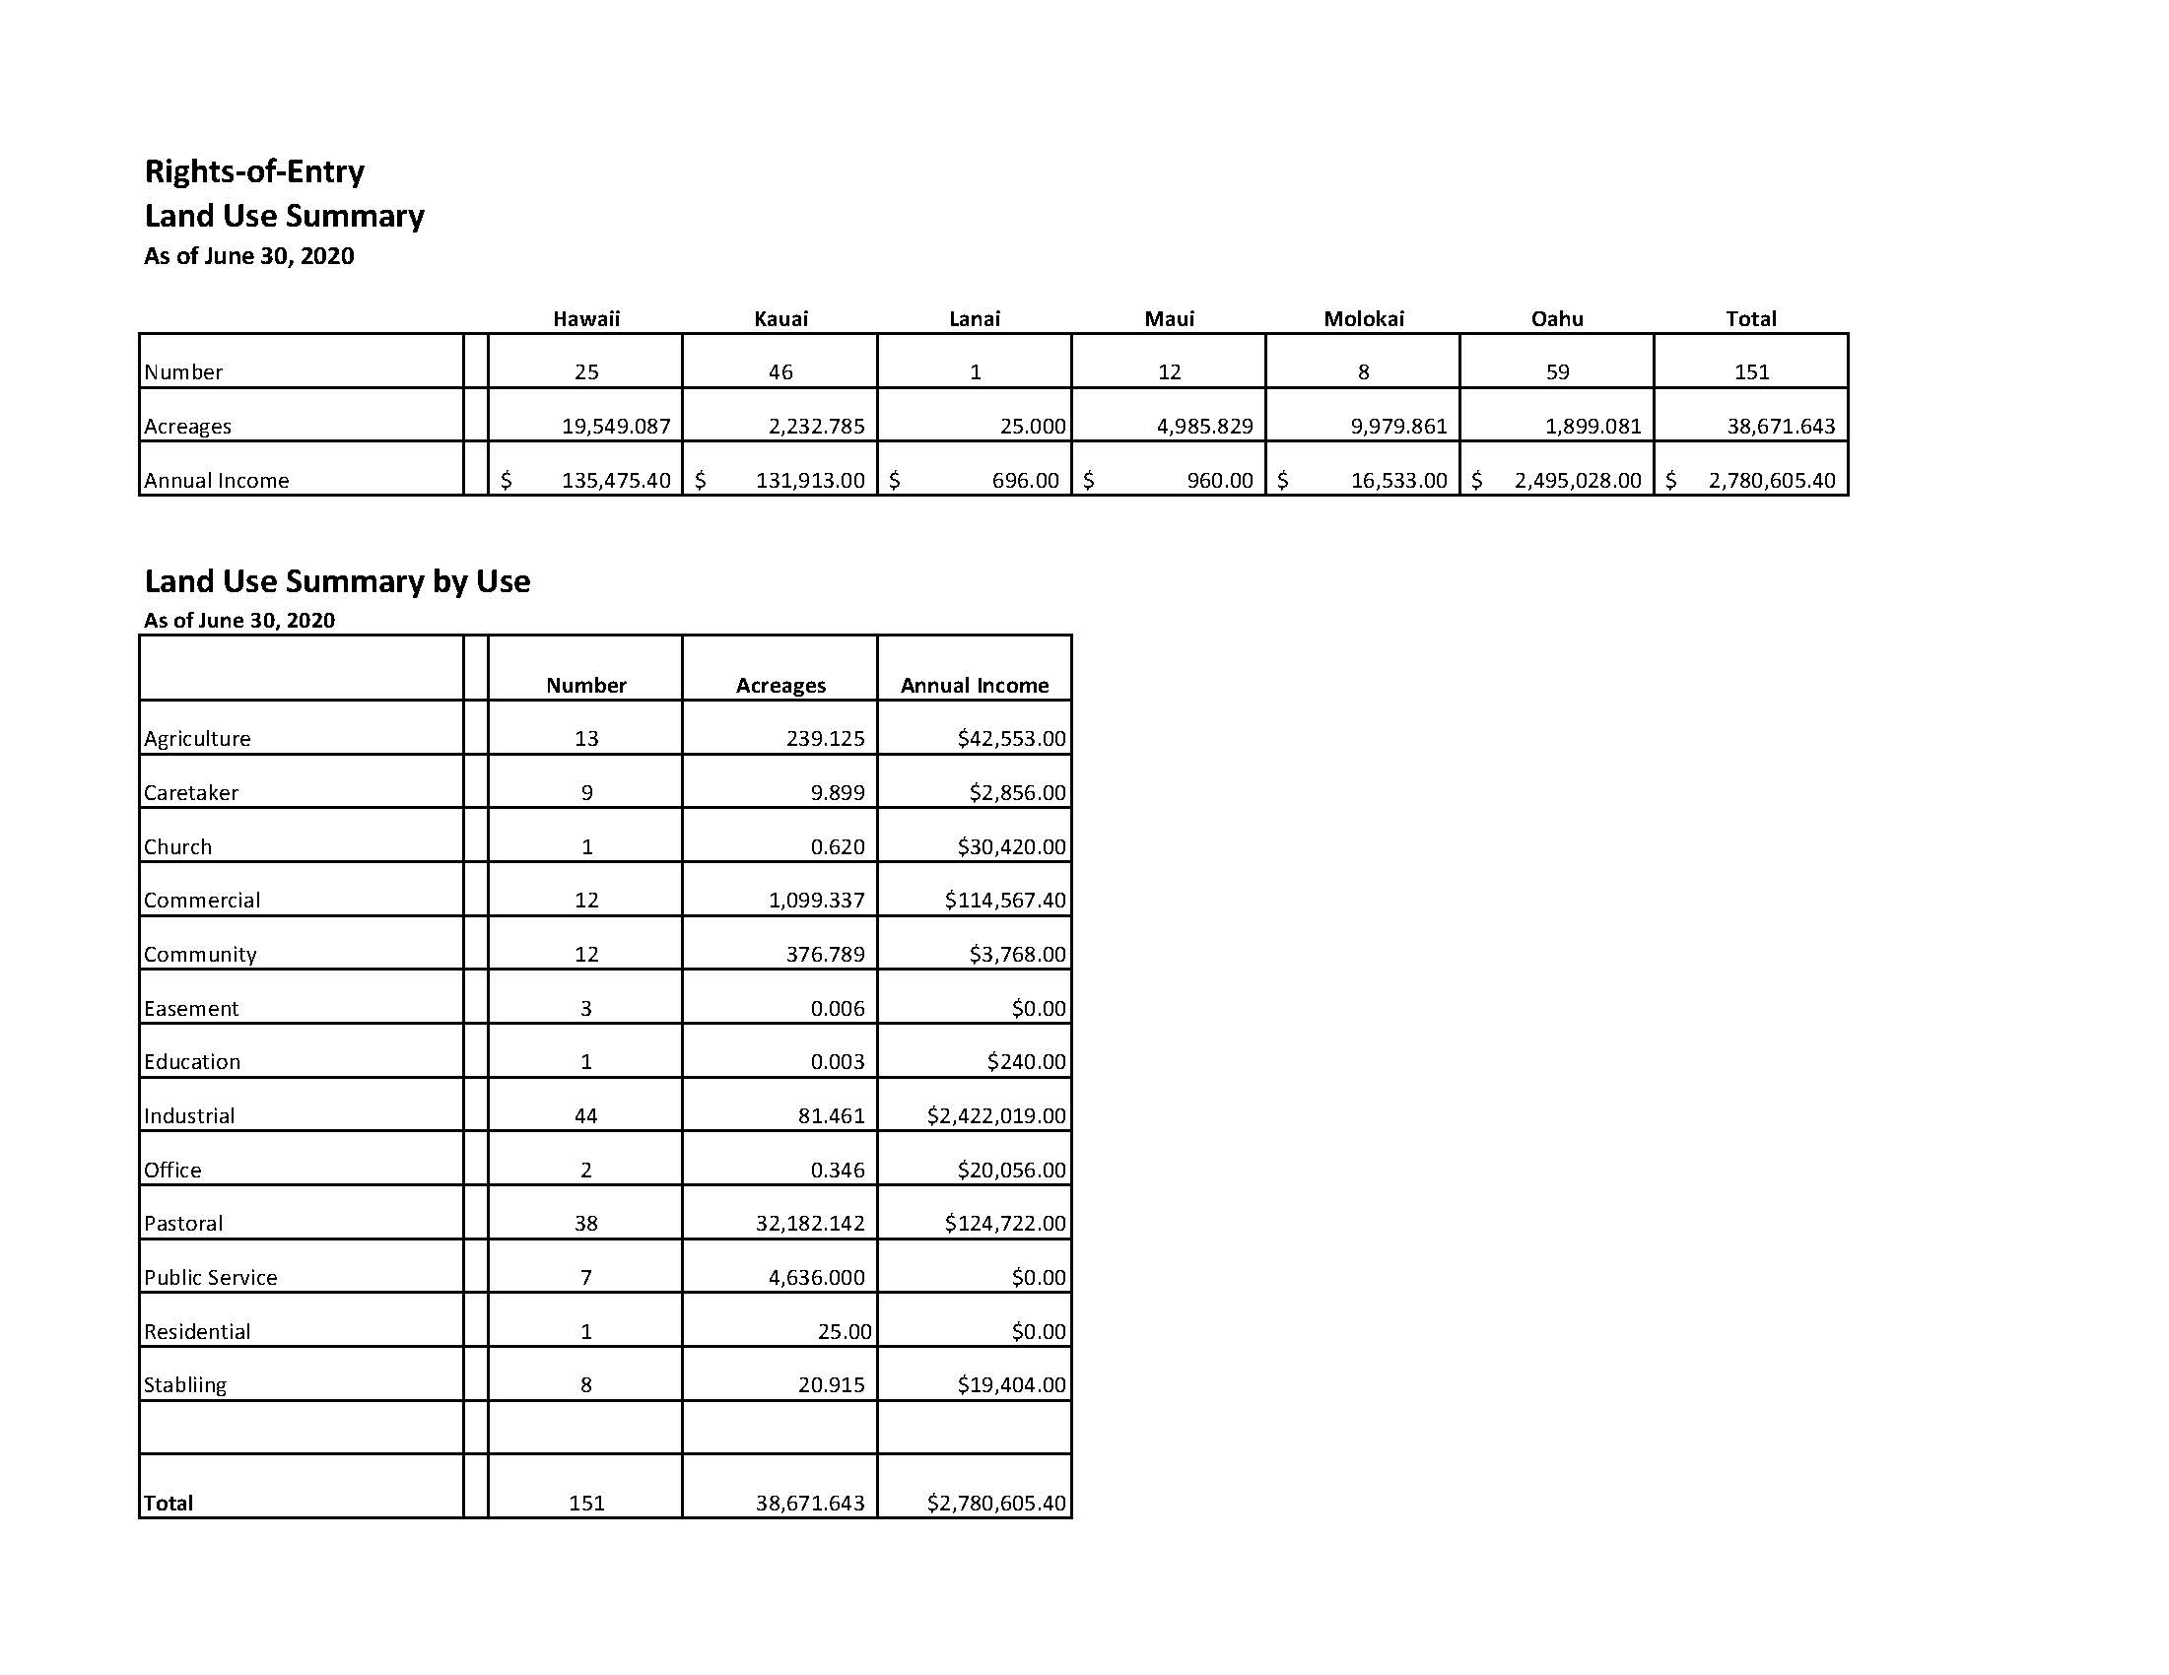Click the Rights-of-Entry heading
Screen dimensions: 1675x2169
coord(254,171)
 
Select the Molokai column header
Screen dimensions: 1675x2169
coord(1364,318)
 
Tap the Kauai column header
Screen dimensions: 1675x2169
coord(780,318)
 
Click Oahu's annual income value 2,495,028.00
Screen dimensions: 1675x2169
coord(1577,481)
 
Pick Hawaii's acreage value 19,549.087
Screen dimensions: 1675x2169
coord(616,427)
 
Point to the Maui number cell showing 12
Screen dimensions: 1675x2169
coord(1169,372)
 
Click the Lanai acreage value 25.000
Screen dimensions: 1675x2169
coord(1032,427)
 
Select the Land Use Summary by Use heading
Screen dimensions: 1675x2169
coord(338,581)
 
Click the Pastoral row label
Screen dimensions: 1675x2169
coord(183,1223)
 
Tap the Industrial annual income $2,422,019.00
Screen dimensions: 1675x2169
coord(996,1116)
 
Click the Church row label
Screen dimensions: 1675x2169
coord(177,847)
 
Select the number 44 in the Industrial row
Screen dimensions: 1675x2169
coord(586,1116)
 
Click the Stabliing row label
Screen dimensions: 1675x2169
coord(185,1385)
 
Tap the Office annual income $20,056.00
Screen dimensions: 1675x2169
coord(1011,1171)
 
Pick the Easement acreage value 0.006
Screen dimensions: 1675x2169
coord(838,1009)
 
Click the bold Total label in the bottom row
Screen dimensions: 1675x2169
coord(169,1504)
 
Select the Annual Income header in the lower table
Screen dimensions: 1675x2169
coord(975,686)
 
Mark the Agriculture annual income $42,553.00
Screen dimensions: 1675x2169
coord(1011,739)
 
